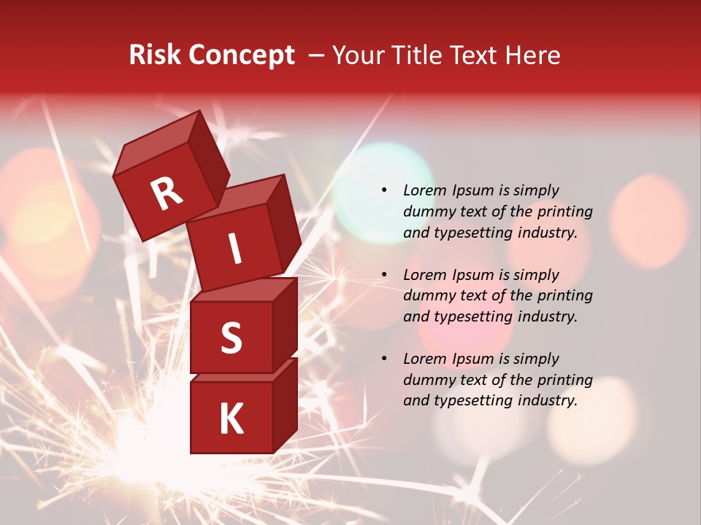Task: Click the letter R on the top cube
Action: coord(166,194)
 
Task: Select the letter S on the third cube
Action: coord(231,338)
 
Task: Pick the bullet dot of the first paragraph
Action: coord(384,190)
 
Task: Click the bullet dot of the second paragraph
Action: coord(384,275)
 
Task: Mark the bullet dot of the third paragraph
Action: coord(384,359)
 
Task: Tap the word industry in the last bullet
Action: coord(549,400)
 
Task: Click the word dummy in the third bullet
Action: coord(426,380)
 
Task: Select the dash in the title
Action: coord(317,55)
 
